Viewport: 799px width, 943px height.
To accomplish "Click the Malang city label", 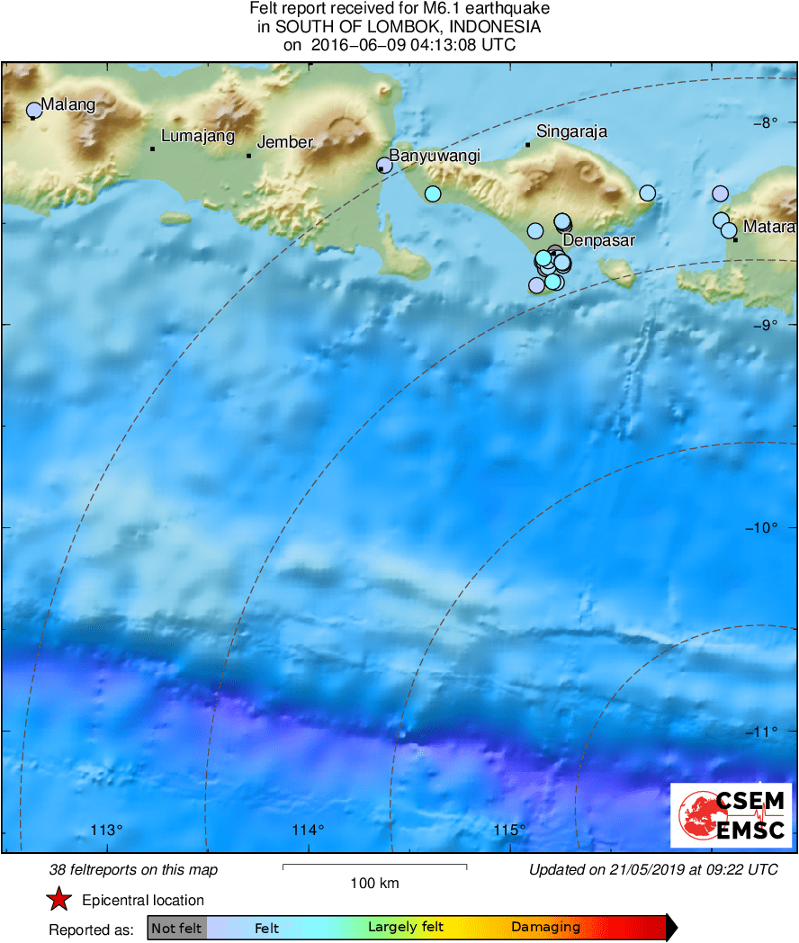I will [67, 104].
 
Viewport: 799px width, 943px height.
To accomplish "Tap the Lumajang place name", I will [197, 137].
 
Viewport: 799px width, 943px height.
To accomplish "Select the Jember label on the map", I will [285, 142].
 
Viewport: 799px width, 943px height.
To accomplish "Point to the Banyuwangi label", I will [435, 156].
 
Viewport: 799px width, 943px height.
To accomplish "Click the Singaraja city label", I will [571, 131].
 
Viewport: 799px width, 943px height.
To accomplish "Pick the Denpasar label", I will [599, 241].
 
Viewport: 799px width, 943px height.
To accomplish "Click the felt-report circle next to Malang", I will [34, 111].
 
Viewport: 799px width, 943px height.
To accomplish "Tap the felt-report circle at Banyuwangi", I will [384, 165].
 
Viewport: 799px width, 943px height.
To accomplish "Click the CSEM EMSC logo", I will [732, 815].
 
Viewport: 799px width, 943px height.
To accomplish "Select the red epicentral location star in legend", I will [59, 899].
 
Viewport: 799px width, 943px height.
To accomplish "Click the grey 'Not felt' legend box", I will [176, 928].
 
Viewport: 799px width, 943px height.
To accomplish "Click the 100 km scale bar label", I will [374, 883].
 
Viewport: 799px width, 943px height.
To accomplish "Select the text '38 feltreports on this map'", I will [133, 870].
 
